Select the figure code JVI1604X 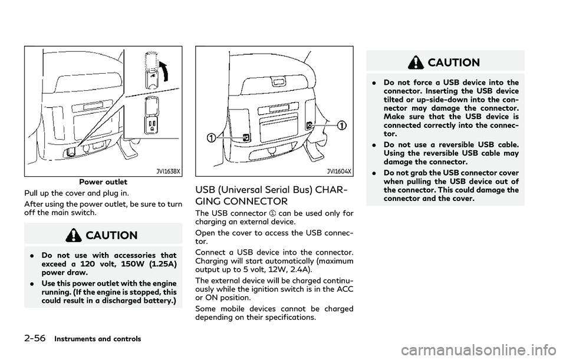point(340,171)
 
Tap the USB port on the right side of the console point(309,124)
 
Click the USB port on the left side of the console point(245,137)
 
